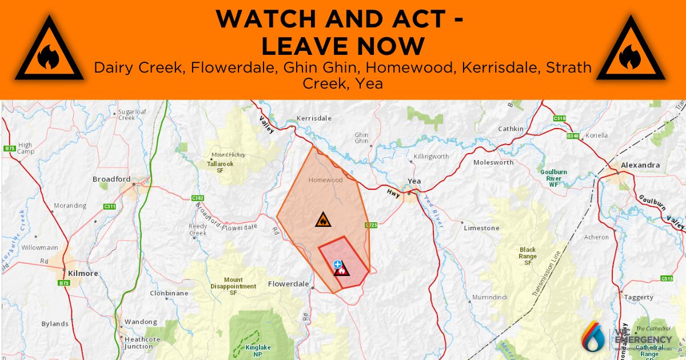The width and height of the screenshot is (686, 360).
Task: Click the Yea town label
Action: (414, 181)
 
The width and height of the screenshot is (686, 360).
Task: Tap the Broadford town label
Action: (111, 179)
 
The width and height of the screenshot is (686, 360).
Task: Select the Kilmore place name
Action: (83, 273)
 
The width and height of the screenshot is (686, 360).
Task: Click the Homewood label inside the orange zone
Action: (325, 180)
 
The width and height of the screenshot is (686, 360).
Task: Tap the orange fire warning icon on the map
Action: (322, 220)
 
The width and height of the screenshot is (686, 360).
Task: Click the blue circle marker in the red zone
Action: (338, 264)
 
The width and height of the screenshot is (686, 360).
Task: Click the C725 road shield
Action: (372, 225)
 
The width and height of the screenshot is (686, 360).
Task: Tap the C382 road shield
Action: (198, 198)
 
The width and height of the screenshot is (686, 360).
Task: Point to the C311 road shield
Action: (110, 206)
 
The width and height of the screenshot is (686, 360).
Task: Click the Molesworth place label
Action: (493, 162)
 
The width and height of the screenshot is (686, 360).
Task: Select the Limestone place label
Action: (481, 228)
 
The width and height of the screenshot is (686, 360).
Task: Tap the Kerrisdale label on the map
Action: (314, 119)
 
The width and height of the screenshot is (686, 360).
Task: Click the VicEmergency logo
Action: (627, 338)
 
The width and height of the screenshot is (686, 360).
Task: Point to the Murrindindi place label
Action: (490, 298)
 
